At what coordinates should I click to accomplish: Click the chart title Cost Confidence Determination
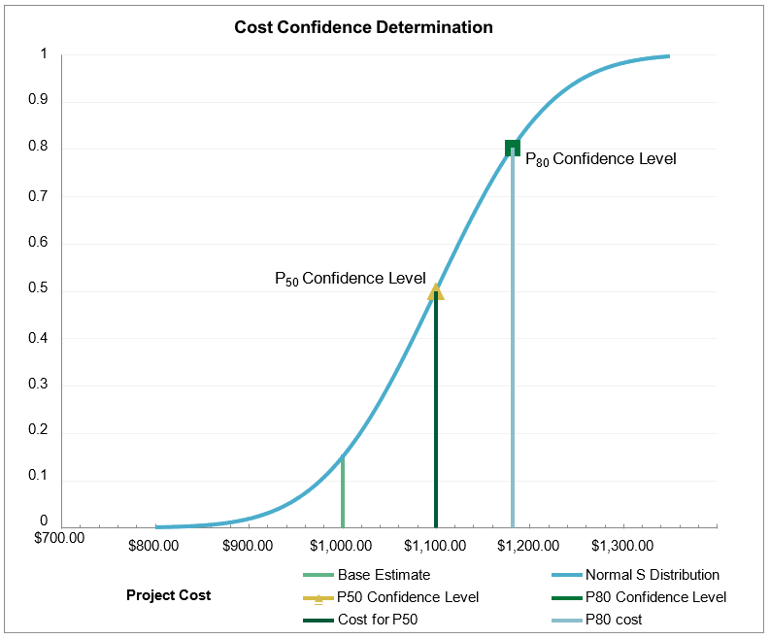pyautogui.click(x=363, y=27)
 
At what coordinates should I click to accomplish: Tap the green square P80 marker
pyautogui.click(x=513, y=148)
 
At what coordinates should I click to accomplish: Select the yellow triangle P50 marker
pyautogui.click(x=436, y=291)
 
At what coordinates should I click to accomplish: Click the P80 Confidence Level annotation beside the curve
pyautogui.click(x=600, y=159)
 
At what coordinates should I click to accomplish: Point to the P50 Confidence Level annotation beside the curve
pyautogui.click(x=350, y=279)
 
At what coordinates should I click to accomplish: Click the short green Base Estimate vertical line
pyautogui.click(x=343, y=491)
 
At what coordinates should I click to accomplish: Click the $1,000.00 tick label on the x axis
pyautogui.click(x=341, y=545)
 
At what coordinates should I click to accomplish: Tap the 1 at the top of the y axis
pyautogui.click(x=44, y=54)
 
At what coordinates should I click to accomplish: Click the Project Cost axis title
pyautogui.click(x=168, y=595)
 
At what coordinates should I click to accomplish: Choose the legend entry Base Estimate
pyautogui.click(x=383, y=575)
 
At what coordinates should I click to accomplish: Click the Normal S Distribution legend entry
pyautogui.click(x=652, y=575)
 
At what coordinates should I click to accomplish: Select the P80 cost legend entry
pyautogui.click(x=613, y=620)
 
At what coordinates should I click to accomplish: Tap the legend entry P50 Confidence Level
pyautogui.click(x=408, y=597)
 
